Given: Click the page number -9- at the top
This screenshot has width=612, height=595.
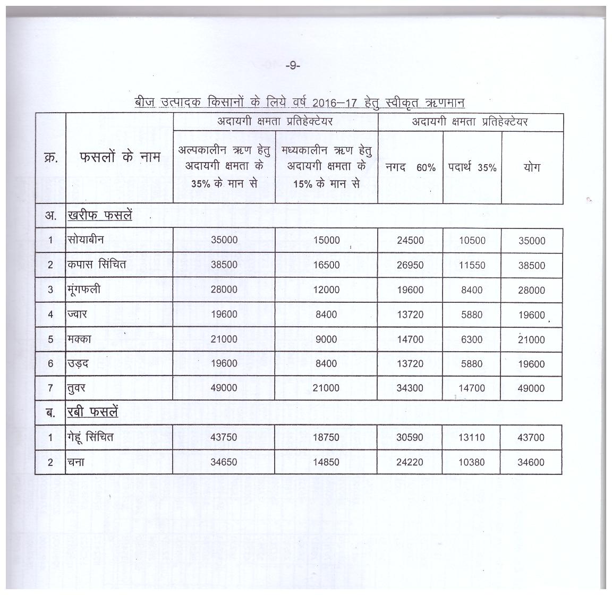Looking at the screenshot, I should point(293,65).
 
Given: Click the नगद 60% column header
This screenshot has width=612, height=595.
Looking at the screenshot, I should point(410,167).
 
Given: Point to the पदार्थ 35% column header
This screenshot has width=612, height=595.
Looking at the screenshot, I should point(472,167).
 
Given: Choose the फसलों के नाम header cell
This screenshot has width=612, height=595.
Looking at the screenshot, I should point(120,158).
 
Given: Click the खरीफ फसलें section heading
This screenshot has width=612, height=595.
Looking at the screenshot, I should point(99,216).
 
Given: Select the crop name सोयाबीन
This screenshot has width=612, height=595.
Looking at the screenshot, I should point(86,240).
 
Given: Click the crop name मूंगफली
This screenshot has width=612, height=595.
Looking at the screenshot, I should point(84,290).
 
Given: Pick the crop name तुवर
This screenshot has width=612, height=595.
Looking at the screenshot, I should point(76,388).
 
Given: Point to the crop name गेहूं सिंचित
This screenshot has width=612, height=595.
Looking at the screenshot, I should point(90,437).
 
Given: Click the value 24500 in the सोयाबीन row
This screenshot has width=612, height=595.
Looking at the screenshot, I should point(410,241).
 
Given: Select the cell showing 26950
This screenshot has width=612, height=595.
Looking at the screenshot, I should point(410,265).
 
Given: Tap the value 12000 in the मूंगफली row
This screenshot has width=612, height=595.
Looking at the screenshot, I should point(326,290).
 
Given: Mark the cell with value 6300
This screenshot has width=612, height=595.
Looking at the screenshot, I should point(472,339).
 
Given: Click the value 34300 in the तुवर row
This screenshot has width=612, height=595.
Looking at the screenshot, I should point(410,388).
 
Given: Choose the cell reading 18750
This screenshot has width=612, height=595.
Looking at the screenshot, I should point(326,438).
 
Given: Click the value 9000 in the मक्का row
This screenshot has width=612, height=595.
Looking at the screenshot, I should point(326,339).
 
